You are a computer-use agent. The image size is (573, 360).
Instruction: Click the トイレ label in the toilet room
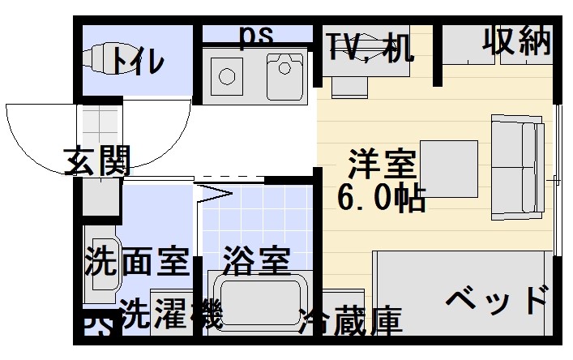(138, 60)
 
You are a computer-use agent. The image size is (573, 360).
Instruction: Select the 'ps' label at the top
(257, 35)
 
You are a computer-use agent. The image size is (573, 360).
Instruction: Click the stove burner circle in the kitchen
(226, 77)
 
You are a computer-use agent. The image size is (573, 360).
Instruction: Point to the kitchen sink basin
(284, 75)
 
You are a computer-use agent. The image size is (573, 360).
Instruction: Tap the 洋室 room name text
(383, 165)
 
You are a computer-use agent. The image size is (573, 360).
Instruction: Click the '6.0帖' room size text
(383, 197)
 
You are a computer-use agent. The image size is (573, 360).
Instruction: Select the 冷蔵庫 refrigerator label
(350, 322)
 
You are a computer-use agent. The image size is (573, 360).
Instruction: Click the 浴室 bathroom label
(256, 261)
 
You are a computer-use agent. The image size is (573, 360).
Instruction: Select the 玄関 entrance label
(97, 162)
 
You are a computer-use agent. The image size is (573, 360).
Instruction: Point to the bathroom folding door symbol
(213, 192)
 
